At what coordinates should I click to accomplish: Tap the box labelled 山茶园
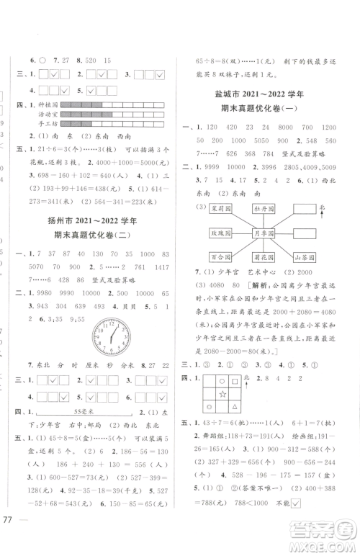click(x=307, y=257)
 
